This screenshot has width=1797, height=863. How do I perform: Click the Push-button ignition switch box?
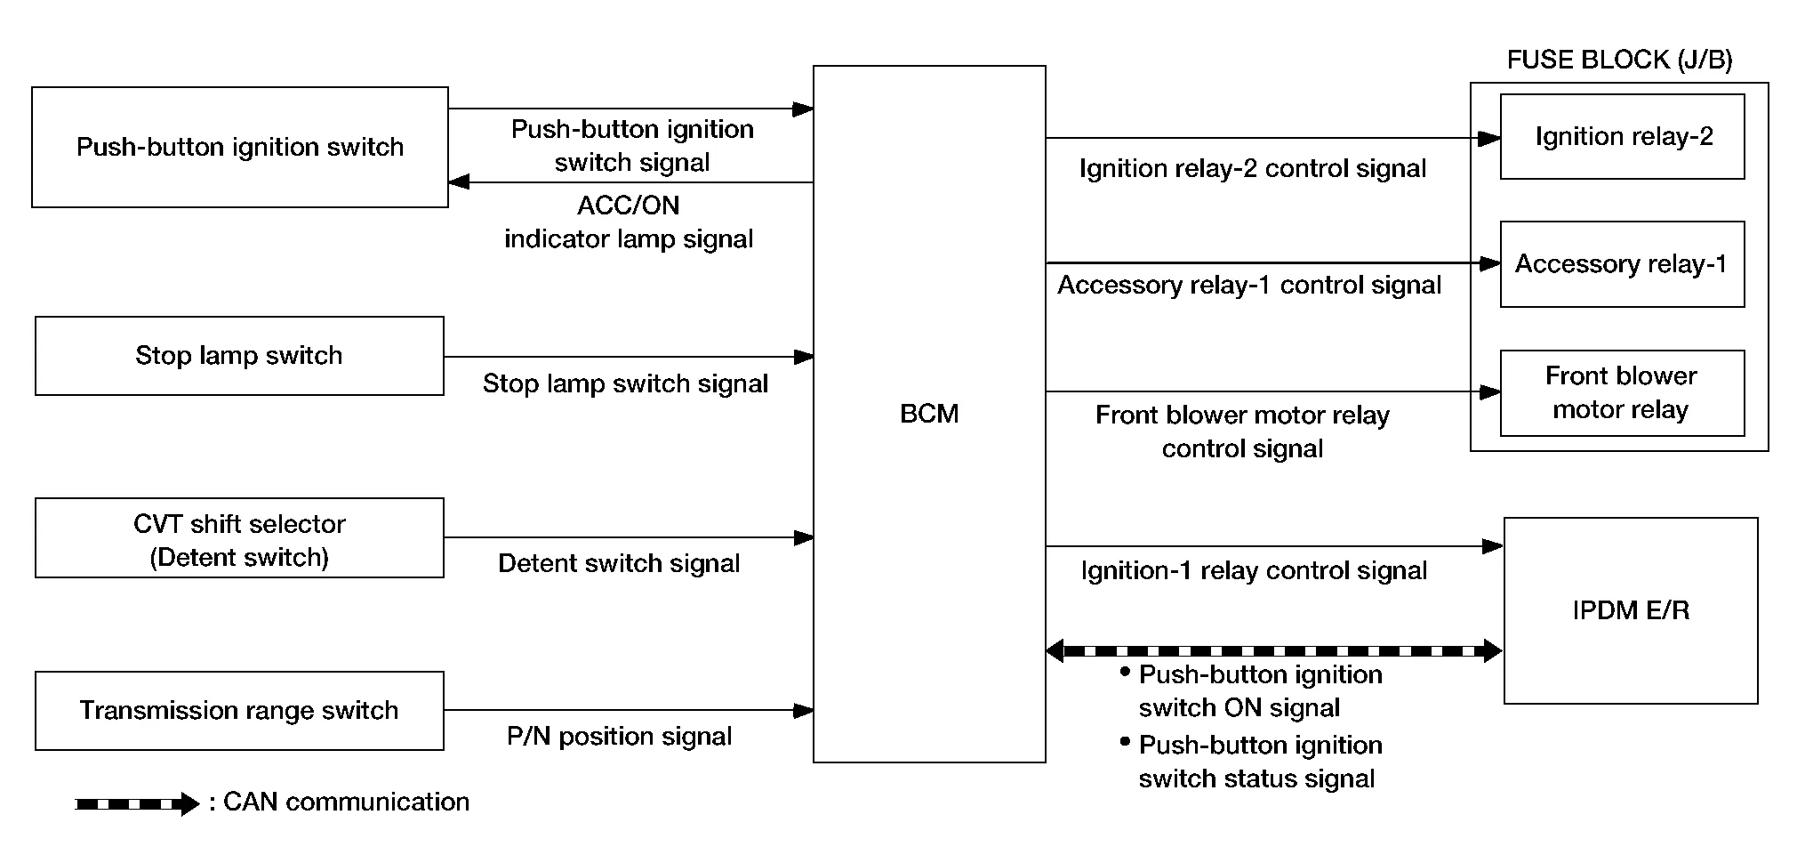240,148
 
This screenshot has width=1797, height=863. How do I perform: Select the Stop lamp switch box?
239,356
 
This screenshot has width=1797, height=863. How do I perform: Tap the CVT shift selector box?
239,538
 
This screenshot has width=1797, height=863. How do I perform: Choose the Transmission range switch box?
239,711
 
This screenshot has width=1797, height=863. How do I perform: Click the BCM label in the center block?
929,414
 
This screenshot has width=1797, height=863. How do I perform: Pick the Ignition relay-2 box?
1622,137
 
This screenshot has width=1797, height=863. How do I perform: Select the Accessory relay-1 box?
1622,264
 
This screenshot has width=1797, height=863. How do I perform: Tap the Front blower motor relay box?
1622,393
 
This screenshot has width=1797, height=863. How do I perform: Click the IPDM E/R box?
1631,610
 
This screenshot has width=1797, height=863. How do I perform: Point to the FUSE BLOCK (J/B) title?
1619,60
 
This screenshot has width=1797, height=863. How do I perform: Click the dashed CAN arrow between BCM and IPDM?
1273,651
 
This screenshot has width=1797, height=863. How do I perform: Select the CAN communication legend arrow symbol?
137,804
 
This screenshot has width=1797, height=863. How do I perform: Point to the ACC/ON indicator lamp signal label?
629,222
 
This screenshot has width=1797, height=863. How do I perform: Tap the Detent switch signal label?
619,563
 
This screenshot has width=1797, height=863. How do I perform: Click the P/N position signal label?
619,737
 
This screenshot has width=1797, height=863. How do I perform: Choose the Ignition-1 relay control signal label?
1254,570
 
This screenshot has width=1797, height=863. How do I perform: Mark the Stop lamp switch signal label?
625,383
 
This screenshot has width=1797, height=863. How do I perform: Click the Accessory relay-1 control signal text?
1248,286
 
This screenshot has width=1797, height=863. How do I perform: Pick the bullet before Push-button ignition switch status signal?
1126,741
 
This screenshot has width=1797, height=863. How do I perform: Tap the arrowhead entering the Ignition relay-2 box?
1489,139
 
